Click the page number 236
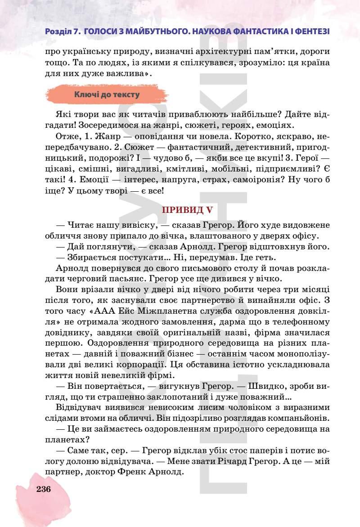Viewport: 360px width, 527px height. [x=44, y=490]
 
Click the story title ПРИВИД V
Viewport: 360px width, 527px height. [x=187, y=210]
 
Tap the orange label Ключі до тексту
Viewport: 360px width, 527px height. [x=107, y=95]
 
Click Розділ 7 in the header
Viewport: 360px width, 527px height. [x=63, y=32]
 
